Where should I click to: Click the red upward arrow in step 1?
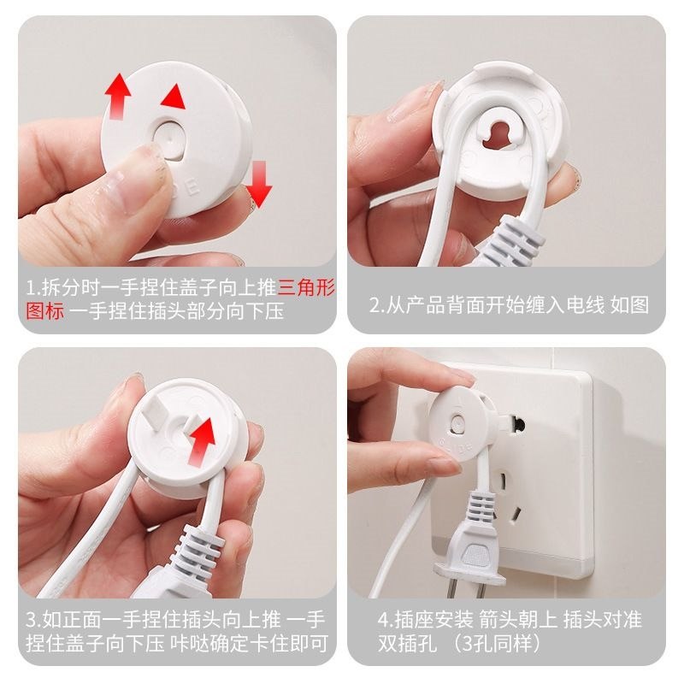click(x=116, y=97)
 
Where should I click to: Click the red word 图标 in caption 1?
click(x=45, y=311)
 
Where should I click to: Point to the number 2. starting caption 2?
click(x=377, y=305)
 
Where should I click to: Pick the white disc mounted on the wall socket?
click(x=457, y=425)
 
